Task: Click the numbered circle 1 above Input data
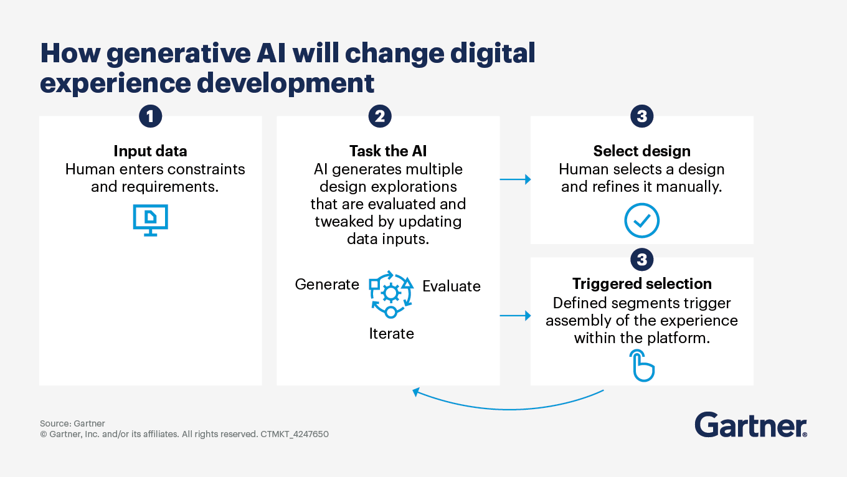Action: [150, 116]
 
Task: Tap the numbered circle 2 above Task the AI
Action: [379, 116]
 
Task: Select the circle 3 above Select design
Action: [641, 116]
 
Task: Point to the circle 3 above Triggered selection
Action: [641, 259]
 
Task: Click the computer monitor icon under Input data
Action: [151, 220]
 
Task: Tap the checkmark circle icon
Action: [641, 221]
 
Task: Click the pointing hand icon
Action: [642, 366]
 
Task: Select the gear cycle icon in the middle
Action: [390, 293]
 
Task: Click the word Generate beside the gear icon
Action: [327, 285]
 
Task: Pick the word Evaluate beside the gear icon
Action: [452, 286]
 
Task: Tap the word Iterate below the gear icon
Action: [391, 334]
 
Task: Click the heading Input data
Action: [150, 151]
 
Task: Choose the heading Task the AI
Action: [388, 151]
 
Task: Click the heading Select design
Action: [641, 151]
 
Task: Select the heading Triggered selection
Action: [641, 284]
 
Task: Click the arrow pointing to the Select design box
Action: [515, 179]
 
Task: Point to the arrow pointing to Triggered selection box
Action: [515, 316]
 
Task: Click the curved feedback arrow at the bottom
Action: [508, 406]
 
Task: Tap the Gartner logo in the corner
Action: [750, 425]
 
